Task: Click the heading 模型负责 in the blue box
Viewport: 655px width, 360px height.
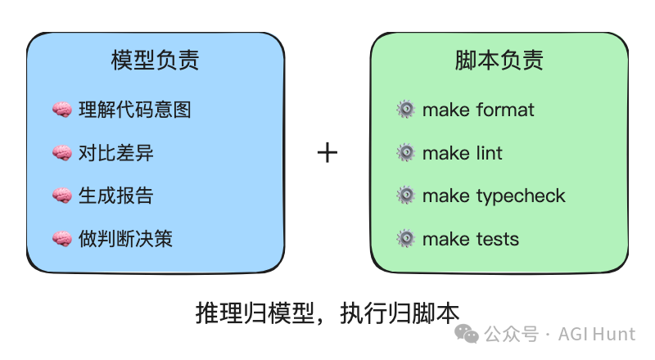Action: (156, 61)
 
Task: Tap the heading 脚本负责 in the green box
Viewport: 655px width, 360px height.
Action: (499, 61)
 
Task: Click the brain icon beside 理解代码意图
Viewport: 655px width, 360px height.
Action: (63, 110)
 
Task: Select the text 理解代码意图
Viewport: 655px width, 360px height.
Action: (134, 110)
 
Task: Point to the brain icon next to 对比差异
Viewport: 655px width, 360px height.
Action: (63, 153)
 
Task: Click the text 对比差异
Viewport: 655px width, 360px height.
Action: (115, 153)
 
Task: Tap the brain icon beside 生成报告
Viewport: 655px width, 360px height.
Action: (63, 196)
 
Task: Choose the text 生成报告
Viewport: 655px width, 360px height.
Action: (115, 196)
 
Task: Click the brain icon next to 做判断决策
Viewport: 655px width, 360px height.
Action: (63, 239)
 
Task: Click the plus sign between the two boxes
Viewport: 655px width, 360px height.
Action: (327, 152)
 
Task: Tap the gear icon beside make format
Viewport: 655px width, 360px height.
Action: (405, 110)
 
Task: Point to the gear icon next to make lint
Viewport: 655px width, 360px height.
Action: (405, 153)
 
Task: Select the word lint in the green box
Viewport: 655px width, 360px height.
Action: (489, 153)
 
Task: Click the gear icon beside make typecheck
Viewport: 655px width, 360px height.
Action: (405, 196)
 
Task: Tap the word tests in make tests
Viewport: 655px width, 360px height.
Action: (496, 240)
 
